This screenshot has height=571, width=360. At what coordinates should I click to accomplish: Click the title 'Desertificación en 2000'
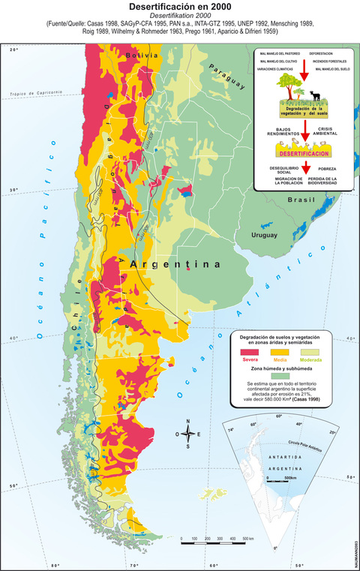tap(179, 6)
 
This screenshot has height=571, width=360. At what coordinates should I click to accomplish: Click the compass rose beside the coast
tap(188, 434)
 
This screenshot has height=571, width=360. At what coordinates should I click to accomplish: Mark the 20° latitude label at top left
tap(13, 50)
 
